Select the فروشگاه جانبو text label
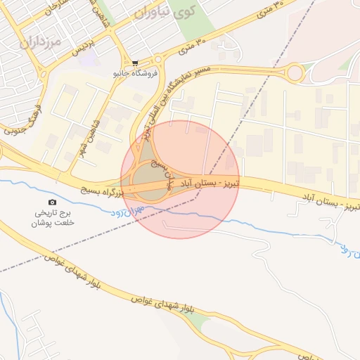[x=135, y=72]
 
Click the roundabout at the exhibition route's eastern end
[x=294, y=72]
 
